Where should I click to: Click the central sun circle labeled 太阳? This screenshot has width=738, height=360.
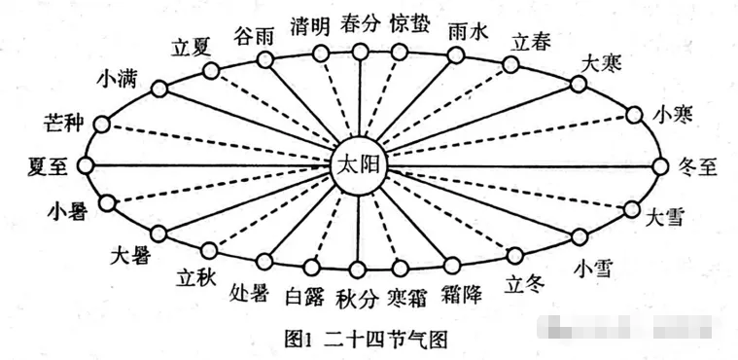[359, 166]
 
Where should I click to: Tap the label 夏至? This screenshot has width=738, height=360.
[47, 165]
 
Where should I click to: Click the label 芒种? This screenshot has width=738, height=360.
[64, 124]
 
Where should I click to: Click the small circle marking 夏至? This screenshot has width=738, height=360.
[87, 165]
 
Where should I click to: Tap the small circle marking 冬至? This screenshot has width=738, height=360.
[663, 166]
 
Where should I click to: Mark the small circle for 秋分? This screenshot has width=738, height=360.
[358, 269]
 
